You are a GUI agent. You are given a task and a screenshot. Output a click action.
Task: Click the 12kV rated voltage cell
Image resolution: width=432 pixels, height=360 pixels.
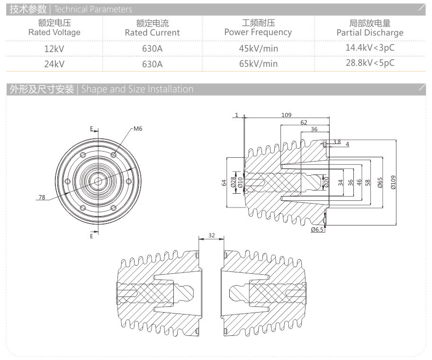54,48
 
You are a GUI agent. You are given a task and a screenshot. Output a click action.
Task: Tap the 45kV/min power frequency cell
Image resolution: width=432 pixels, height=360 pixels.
258,48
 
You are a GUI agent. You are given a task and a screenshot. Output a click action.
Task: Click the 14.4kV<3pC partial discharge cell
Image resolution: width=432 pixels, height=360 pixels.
370,47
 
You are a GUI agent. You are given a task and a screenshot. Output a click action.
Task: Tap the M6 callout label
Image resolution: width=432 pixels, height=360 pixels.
138,128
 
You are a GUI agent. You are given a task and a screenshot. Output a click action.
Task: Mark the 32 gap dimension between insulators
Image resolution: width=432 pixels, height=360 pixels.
211,235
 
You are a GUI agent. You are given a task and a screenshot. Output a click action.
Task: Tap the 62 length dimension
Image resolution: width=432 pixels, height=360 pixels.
303,122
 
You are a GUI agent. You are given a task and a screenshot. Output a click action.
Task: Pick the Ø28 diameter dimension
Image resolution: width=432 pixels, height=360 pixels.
233,182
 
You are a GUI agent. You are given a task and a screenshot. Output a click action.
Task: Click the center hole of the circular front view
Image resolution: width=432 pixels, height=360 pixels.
99,180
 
